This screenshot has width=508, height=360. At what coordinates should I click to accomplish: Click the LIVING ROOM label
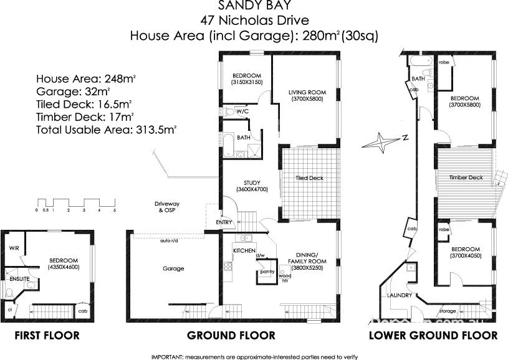pyautogui.click(x=307, y=93)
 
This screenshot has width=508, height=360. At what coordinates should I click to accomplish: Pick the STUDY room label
pyautogui.click(x=252, y=183)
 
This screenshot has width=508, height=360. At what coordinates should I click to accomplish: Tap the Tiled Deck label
pyautogui.click(x=310, y=178)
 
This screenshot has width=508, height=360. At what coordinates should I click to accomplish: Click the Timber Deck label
pyautogui.click(x=466, y=178)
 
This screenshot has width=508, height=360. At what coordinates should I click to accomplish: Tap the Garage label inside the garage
pyautogui.click(x=173, y=268)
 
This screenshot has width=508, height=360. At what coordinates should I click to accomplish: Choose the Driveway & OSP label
pyautogui.click(x=167, y=207)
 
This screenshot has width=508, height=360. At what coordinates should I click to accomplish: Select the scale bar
pyautogui.click(x=76, y=204)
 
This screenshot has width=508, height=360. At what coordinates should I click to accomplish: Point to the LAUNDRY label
pyautogui.click(x=397, y=296)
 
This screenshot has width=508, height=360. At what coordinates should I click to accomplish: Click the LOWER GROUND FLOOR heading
pyautogui.click(x=433, y=336)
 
